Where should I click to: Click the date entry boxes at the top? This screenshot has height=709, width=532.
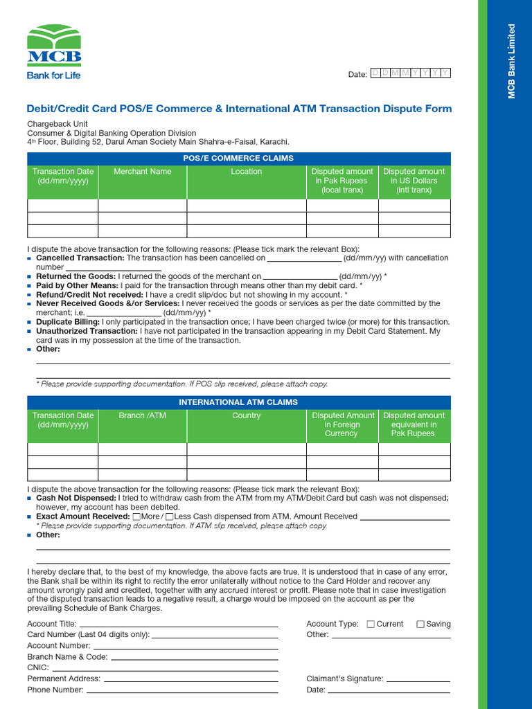point(410,73)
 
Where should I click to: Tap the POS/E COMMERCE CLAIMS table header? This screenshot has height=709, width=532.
point(238,159)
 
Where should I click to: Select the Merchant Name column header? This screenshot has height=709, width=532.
point(142,172)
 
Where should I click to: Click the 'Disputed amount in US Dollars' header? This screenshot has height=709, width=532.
point(414,181)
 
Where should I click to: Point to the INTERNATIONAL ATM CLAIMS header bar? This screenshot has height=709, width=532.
point(238,402)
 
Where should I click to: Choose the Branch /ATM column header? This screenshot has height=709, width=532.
point(142,416)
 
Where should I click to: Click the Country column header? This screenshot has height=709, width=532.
point(246,416)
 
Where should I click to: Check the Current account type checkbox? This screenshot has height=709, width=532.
point(371,625)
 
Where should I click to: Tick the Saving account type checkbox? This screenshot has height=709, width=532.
point(420,625)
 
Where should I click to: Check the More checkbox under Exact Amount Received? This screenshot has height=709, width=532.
point(136,517)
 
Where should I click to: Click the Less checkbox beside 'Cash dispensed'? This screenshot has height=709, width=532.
point(170,517)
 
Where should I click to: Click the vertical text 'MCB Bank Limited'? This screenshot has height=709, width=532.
point(512,62)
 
